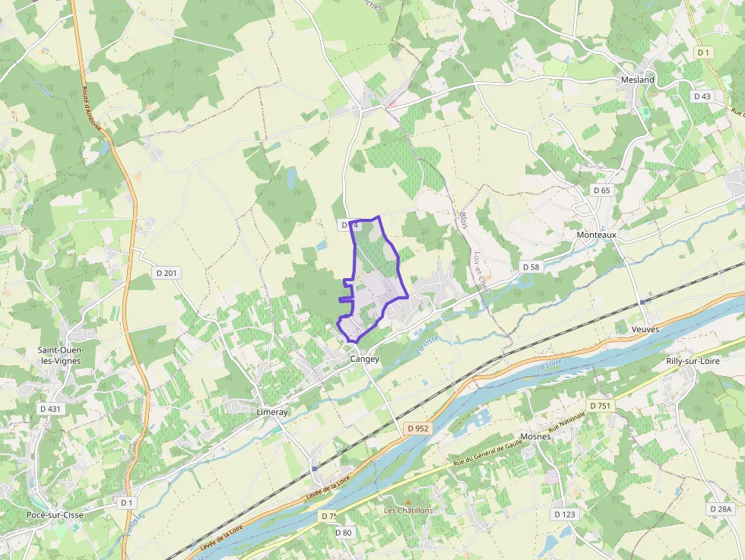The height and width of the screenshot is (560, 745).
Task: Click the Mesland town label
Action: [x=637, y=80]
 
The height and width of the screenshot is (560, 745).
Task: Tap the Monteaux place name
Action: [x=596, y=236]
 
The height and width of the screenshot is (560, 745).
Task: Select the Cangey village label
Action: [x=364, y=359]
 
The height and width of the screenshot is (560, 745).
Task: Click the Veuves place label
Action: [x=645, y=329]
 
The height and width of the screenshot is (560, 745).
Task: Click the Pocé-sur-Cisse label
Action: [x=55, y=514]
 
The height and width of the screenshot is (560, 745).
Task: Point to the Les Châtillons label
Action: [x=408, y=511]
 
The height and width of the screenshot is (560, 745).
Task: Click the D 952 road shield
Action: [x=418, y=429]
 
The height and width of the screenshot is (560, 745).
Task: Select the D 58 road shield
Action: [x=531, y=267]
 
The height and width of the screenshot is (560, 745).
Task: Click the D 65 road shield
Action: [x=601, y=190]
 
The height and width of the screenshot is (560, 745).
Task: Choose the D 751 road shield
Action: [x=599, y=406]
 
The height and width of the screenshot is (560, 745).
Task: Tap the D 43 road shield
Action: [x=702, y=96]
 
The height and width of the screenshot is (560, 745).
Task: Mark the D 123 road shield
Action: [x=564, y=514]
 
